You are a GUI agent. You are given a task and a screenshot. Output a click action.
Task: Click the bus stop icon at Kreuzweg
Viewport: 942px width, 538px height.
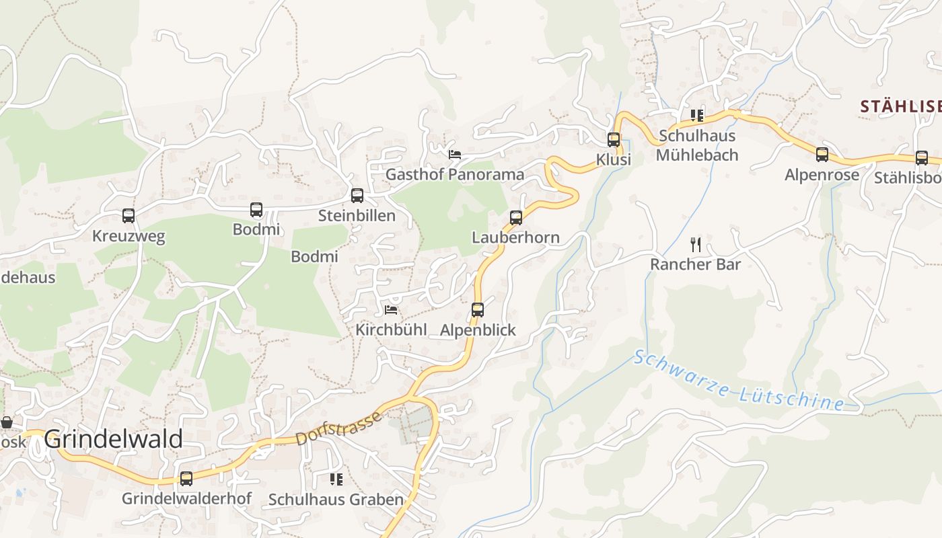click(x=129, y=216)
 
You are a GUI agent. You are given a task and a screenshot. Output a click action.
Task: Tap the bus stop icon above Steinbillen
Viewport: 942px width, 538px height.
click(x=357, y=196)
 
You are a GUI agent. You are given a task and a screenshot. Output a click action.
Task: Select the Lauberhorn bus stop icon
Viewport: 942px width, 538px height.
click(x=516, y=218)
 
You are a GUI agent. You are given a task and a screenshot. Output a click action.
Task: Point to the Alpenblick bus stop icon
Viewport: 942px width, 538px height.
click(x=478, y=310)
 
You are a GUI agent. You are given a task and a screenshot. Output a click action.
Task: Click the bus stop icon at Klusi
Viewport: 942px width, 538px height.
click(x=614, y=140)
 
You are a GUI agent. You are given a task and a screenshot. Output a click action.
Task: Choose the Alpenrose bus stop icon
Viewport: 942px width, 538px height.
click(x=822, y=155)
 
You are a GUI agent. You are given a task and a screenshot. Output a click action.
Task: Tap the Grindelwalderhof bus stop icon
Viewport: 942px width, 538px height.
click(x=186, y=479)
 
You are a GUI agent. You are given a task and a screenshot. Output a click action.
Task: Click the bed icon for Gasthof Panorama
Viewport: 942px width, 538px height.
click(x=455, y=155)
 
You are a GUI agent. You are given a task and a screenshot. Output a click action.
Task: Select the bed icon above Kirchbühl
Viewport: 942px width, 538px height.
click(x=391, y=310)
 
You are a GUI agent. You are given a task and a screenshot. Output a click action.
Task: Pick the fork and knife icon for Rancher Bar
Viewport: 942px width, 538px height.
click(x=696, y=244)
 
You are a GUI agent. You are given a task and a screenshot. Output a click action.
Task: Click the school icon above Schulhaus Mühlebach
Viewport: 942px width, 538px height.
click(x=696, y=116)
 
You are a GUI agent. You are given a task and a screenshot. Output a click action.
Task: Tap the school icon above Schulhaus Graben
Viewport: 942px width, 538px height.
click(x=336, y=479)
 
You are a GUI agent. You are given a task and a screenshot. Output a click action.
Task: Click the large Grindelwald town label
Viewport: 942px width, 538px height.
click(x=114, y=439)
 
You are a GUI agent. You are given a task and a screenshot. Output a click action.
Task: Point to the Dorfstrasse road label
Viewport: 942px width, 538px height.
click(x=338, y=428)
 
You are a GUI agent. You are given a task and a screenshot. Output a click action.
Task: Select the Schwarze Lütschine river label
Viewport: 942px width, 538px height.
click(x=738, y=381)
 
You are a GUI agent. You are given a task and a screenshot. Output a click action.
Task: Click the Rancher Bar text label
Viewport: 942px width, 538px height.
click(x=695, y=264)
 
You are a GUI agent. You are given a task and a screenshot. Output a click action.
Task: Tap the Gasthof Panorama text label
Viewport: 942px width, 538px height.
click(x=454, y=175)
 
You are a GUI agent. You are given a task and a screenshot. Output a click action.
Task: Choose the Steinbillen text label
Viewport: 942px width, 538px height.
click(x=357, y=216)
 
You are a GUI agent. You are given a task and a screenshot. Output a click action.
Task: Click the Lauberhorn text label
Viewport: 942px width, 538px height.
click(x=515, y=237)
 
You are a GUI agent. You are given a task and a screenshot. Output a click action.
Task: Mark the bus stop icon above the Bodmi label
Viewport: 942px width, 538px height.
click(x=256, y=210)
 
